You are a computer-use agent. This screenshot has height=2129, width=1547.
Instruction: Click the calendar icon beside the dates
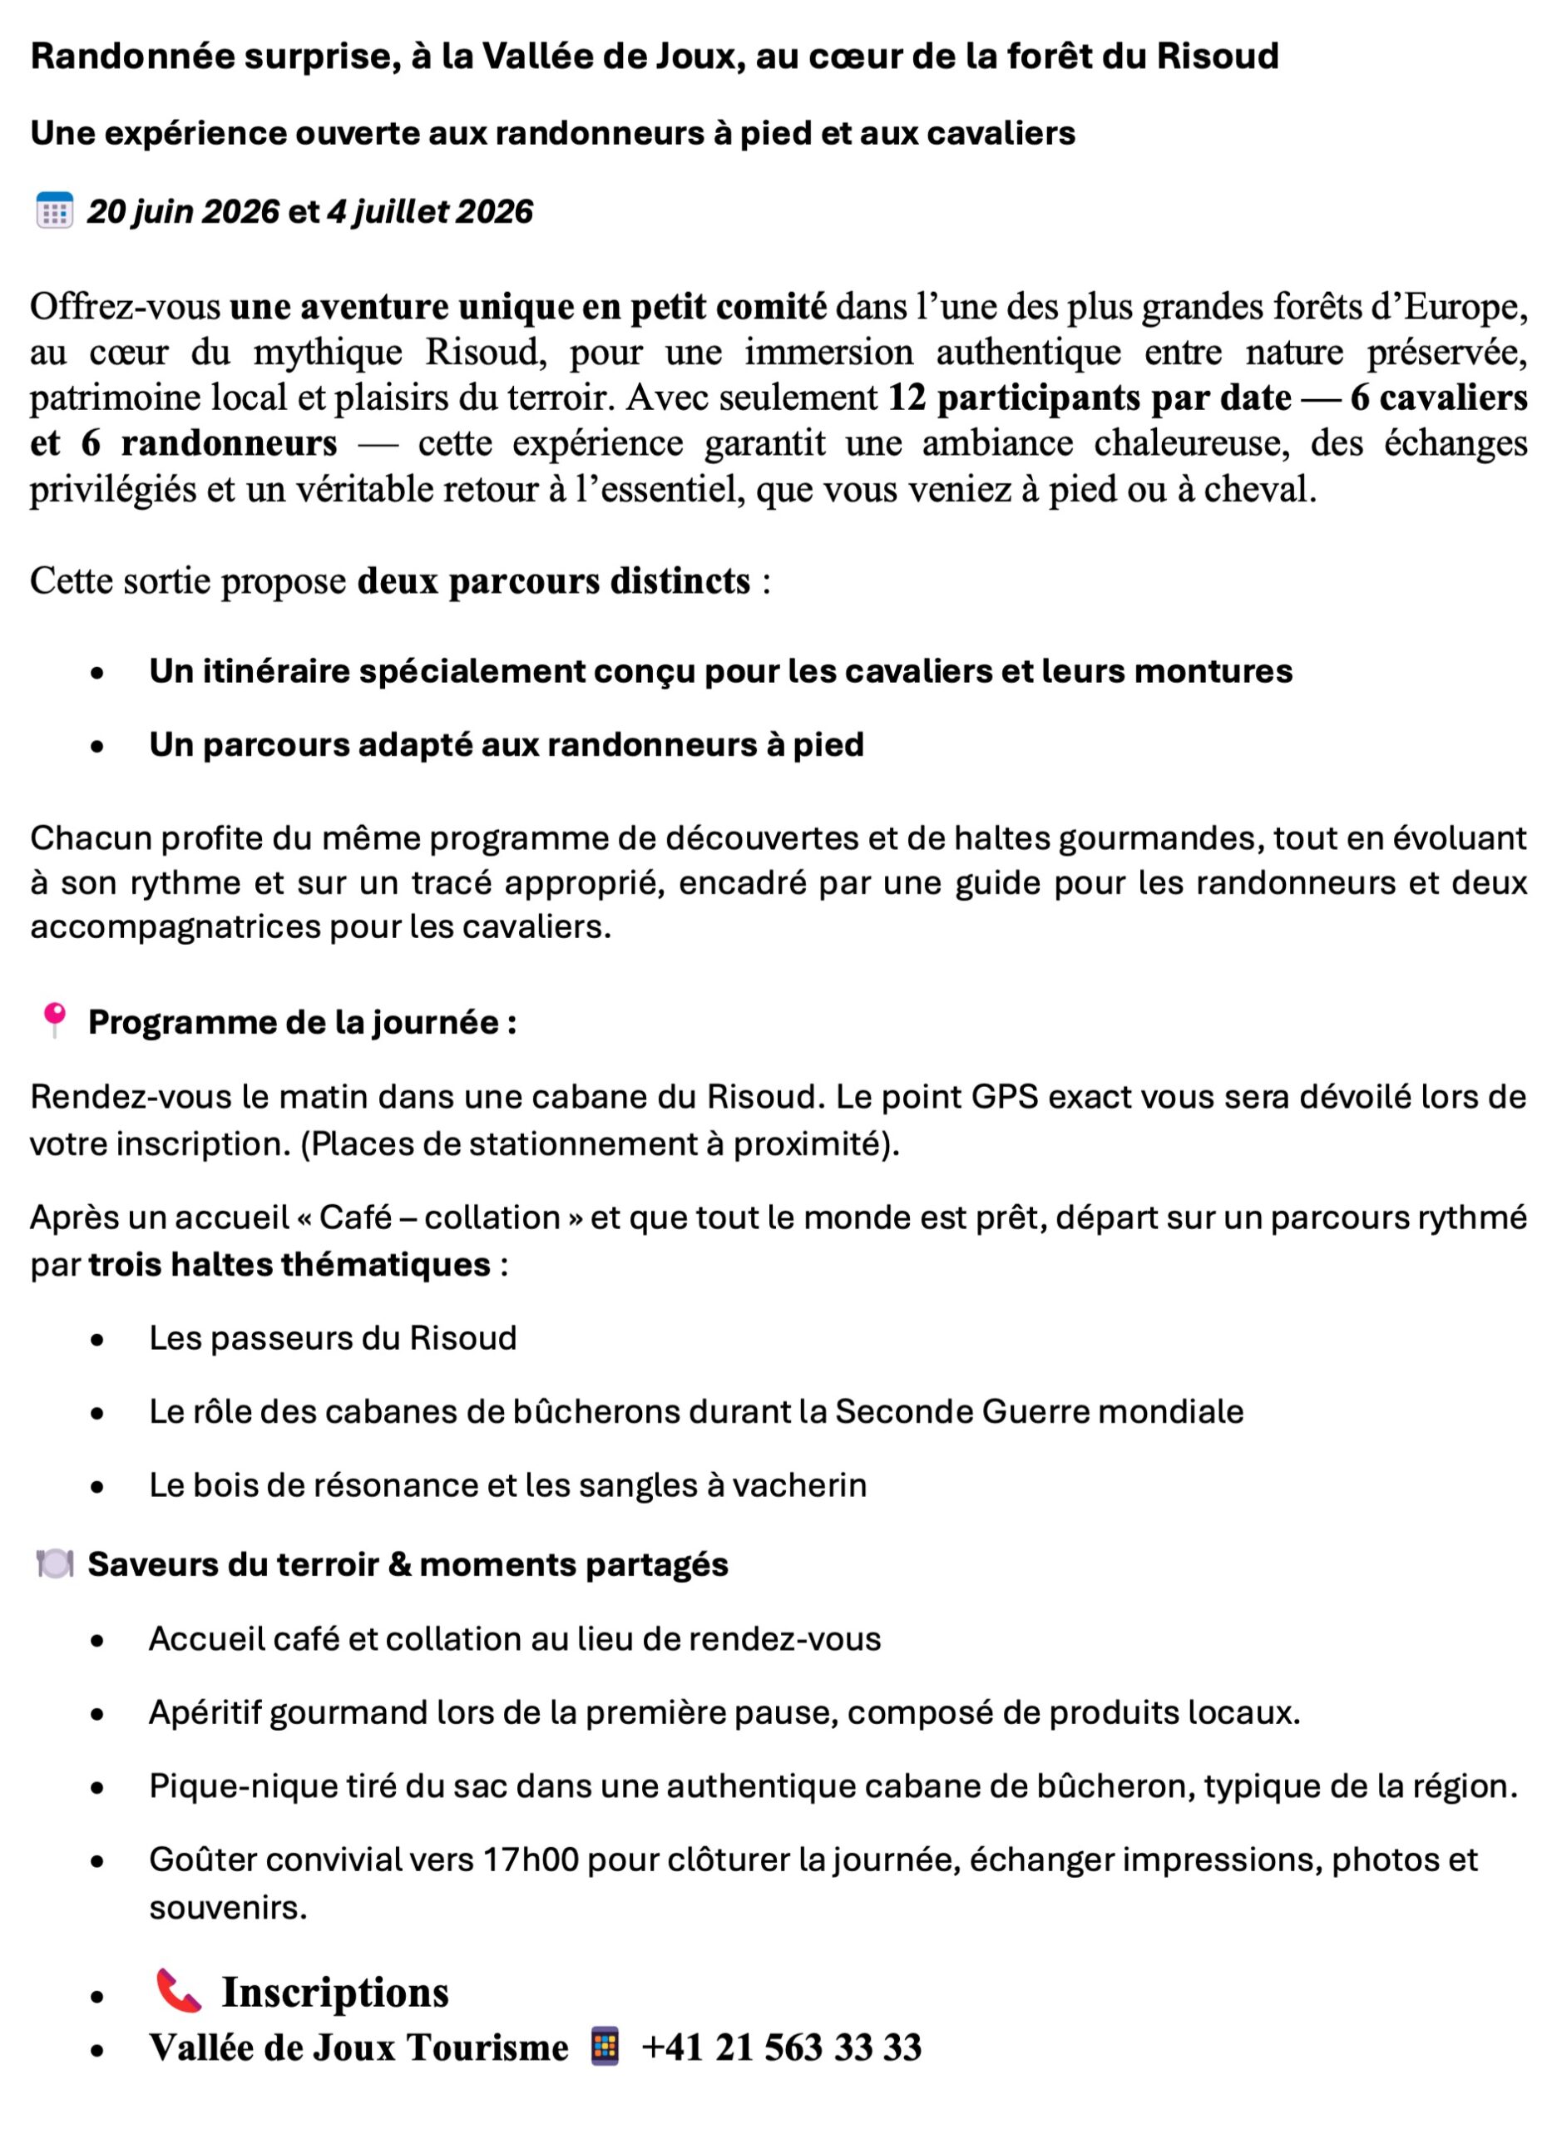tap(53, 210)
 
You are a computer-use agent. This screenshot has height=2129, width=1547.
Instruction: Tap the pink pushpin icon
tap(54, 1020)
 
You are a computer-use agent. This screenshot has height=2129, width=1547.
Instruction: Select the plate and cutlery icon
tap(53, 1563)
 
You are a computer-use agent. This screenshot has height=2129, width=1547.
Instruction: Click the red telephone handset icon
tap(177, 1991)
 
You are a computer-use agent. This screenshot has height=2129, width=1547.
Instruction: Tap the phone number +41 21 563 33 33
tap(781, 2047)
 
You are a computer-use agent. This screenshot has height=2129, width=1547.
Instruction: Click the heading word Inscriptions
tap(335, 1992)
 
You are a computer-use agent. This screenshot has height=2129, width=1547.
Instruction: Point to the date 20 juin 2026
tap(183, 211)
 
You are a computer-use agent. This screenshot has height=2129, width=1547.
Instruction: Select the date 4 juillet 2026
tap(429, 211)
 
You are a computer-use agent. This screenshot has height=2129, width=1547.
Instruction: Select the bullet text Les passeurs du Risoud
tap(333, 1336)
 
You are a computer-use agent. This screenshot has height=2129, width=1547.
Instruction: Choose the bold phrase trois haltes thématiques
tap(289, 1263)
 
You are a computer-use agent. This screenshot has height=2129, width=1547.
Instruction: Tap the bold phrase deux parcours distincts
tap(554, 580)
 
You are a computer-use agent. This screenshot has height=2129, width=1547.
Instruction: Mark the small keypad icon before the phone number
tap(605, 2046)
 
